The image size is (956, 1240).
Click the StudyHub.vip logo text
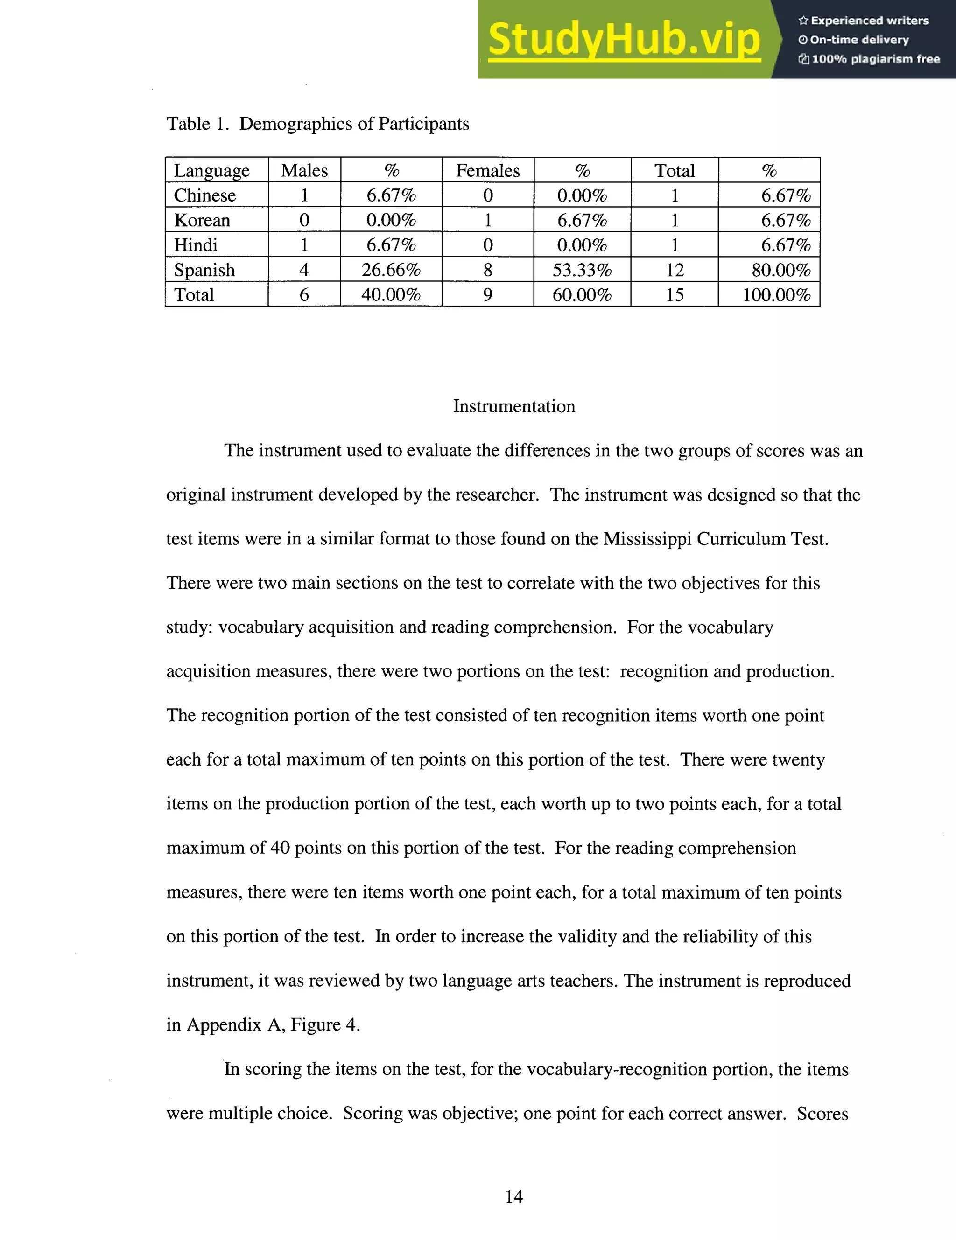tap(624, 40)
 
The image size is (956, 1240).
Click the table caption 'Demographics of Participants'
tap(354, 124)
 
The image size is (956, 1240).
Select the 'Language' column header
tap(211, 170)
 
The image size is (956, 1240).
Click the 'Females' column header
tap(487, 170)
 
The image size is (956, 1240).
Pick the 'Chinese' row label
tap(204, 195)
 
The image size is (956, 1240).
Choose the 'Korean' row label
tap(202, 220)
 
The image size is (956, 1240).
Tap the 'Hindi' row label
tap(196, 245)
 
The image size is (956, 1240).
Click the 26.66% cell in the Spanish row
tap(391, 270)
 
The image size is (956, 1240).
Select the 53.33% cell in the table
tap(582, 270)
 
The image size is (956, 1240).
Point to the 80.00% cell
tap(780, 270)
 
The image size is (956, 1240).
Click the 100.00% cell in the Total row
tap(776, 295)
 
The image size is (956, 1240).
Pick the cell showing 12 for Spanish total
tap(674, 270)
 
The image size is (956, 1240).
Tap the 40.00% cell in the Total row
tap(391, 295)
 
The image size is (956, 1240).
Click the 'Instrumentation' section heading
tap(513, 406)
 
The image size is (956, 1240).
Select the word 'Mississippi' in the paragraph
tap(647, 538)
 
